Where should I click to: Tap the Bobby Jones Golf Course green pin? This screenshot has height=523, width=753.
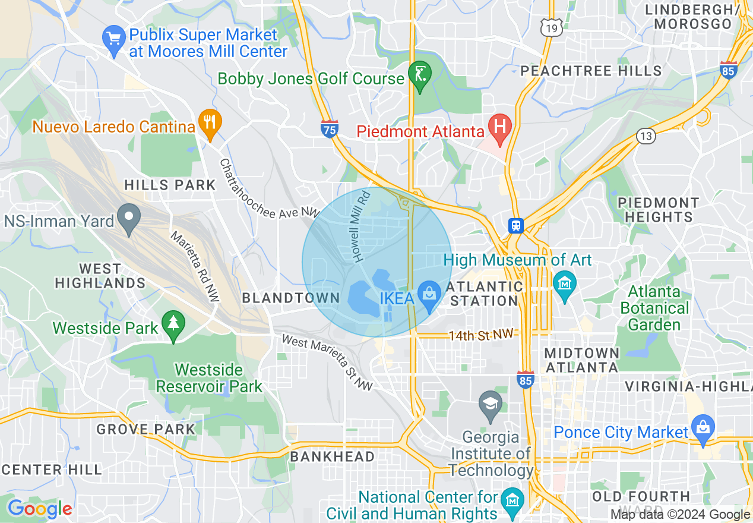(x=420, y=76)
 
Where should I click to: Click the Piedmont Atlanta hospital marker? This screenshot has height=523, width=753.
(x=499, y=128)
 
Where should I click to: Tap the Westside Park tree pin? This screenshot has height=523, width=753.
(x=173, y=324)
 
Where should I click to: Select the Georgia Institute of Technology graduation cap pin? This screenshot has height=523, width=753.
(x=491, y=405)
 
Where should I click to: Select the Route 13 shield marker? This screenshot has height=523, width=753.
(x=646, y=136)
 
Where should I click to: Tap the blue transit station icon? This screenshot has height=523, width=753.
(x=515, y=226)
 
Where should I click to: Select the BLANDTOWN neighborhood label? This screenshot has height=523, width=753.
(x=290, y=298)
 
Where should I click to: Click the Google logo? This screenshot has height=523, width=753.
(x=39, y=509)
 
